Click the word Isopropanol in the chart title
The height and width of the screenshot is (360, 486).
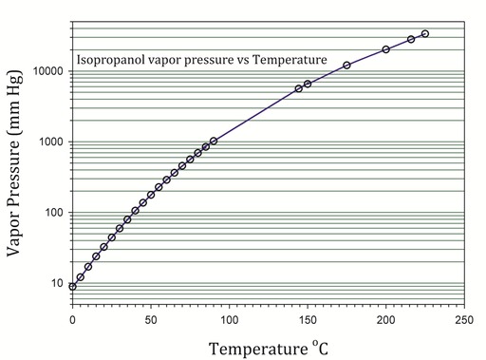coord(111,59)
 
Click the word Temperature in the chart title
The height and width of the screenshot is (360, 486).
coord(288,59)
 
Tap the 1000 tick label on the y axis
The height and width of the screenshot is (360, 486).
coord(49,142)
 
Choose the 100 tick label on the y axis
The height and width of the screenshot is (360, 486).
coord(52,213)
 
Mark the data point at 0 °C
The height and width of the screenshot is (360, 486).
coord(72,286)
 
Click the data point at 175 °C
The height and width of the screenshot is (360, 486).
coord(346,65)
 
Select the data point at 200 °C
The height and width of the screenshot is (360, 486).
coord(385,49)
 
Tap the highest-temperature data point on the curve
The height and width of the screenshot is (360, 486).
coord(424,34)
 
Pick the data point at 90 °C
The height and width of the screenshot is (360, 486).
coord(214,141)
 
